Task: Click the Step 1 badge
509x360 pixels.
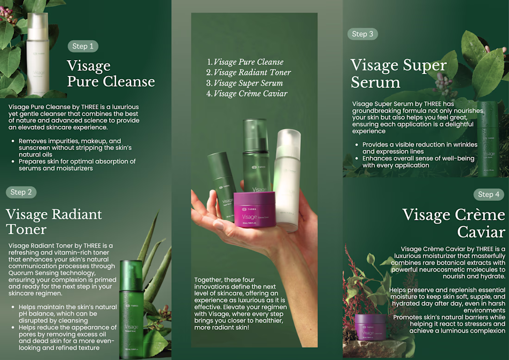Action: [x=83, y=46]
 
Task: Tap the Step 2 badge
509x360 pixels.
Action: [x=21, y=192]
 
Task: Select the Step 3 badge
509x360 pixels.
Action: [x=363, y=34]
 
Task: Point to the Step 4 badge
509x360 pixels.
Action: [x=489, y=194]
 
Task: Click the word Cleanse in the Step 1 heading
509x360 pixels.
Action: [x=129, y=81]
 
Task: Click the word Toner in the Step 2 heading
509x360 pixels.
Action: [x=26, y=229]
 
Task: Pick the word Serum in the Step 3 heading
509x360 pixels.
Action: [x=376, y=82]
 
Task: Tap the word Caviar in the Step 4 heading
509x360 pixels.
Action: [x=481, y=232]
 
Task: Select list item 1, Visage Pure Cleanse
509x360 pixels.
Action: [x=245, y=62]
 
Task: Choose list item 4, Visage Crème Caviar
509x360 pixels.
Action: [x=247, y=93]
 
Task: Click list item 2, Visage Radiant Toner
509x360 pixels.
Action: [x=248, y=72]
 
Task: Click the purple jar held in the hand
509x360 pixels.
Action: [x=255, y=209]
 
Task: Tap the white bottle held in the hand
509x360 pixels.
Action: [x=287, y=180]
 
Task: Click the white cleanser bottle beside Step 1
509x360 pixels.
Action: [x=37, y=54]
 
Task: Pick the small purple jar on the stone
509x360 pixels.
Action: [x=370, y=327]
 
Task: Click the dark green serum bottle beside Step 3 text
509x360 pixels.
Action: [x=488, y=139]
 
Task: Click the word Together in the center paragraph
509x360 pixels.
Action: [x=208, y=280]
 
